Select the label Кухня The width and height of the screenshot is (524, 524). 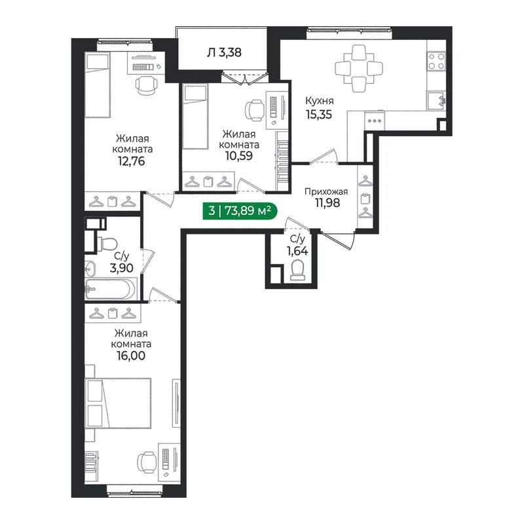point(320,101)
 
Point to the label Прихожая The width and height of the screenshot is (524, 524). point(325,192)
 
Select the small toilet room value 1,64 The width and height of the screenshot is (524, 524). point(297,250)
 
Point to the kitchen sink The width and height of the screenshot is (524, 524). point(437,100)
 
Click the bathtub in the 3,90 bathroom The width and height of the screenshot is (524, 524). point(111,288)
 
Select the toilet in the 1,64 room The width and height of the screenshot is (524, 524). point(298,269)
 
